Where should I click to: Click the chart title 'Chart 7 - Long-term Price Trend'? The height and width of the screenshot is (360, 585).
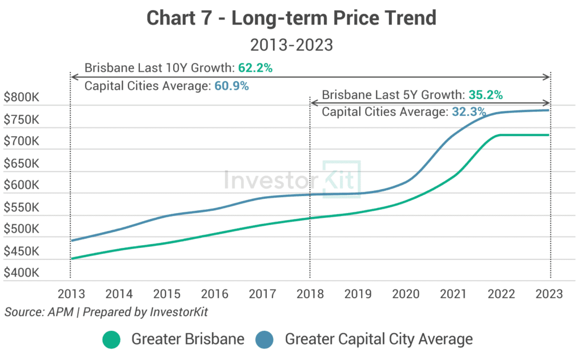291,18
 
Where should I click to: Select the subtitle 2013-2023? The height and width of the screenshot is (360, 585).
291,45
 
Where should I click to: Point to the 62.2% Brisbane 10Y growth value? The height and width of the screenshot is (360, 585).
254,68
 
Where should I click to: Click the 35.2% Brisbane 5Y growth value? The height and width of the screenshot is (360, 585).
486,95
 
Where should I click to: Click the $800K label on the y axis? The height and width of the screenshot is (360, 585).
22,98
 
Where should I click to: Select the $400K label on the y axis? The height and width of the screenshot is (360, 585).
22,273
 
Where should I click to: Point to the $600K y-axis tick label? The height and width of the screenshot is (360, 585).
22,186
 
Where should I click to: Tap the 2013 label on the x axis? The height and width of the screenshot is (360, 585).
71,294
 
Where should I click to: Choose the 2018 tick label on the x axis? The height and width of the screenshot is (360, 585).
310,294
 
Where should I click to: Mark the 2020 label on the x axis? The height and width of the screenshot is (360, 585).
406,294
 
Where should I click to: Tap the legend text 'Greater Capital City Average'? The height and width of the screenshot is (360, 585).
379,339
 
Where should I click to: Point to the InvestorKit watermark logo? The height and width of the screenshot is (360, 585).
292,179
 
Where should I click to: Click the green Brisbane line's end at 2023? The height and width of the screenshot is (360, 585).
549,135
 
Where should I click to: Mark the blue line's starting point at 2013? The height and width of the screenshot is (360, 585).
71,241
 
